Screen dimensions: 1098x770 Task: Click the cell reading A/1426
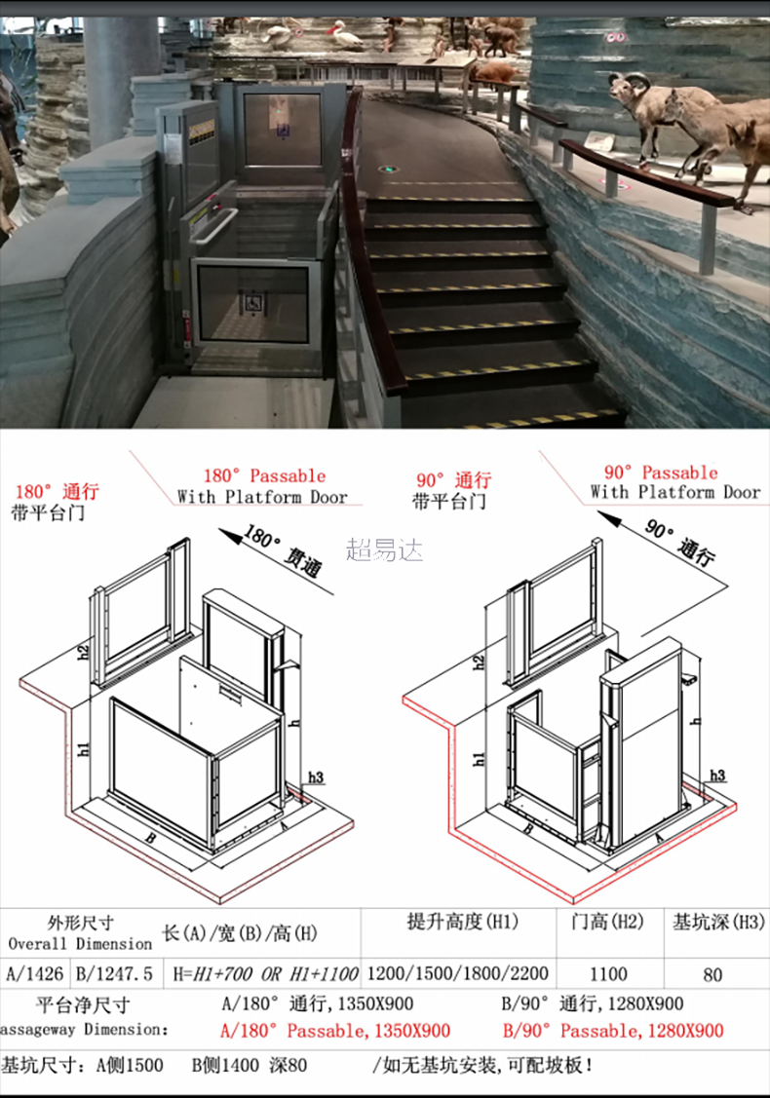click(x=35, y=972)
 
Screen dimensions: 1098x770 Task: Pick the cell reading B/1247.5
click(x=114, y=972)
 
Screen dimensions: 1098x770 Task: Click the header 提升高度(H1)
click(x=462, y=921)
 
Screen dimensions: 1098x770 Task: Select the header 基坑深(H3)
click(x=717, y=922)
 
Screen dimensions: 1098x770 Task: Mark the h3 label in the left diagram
click(x=314, y=777)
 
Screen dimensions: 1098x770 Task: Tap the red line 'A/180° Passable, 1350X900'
click(x=335, y=1030)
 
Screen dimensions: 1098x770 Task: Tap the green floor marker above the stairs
click(x=389, y=167)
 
